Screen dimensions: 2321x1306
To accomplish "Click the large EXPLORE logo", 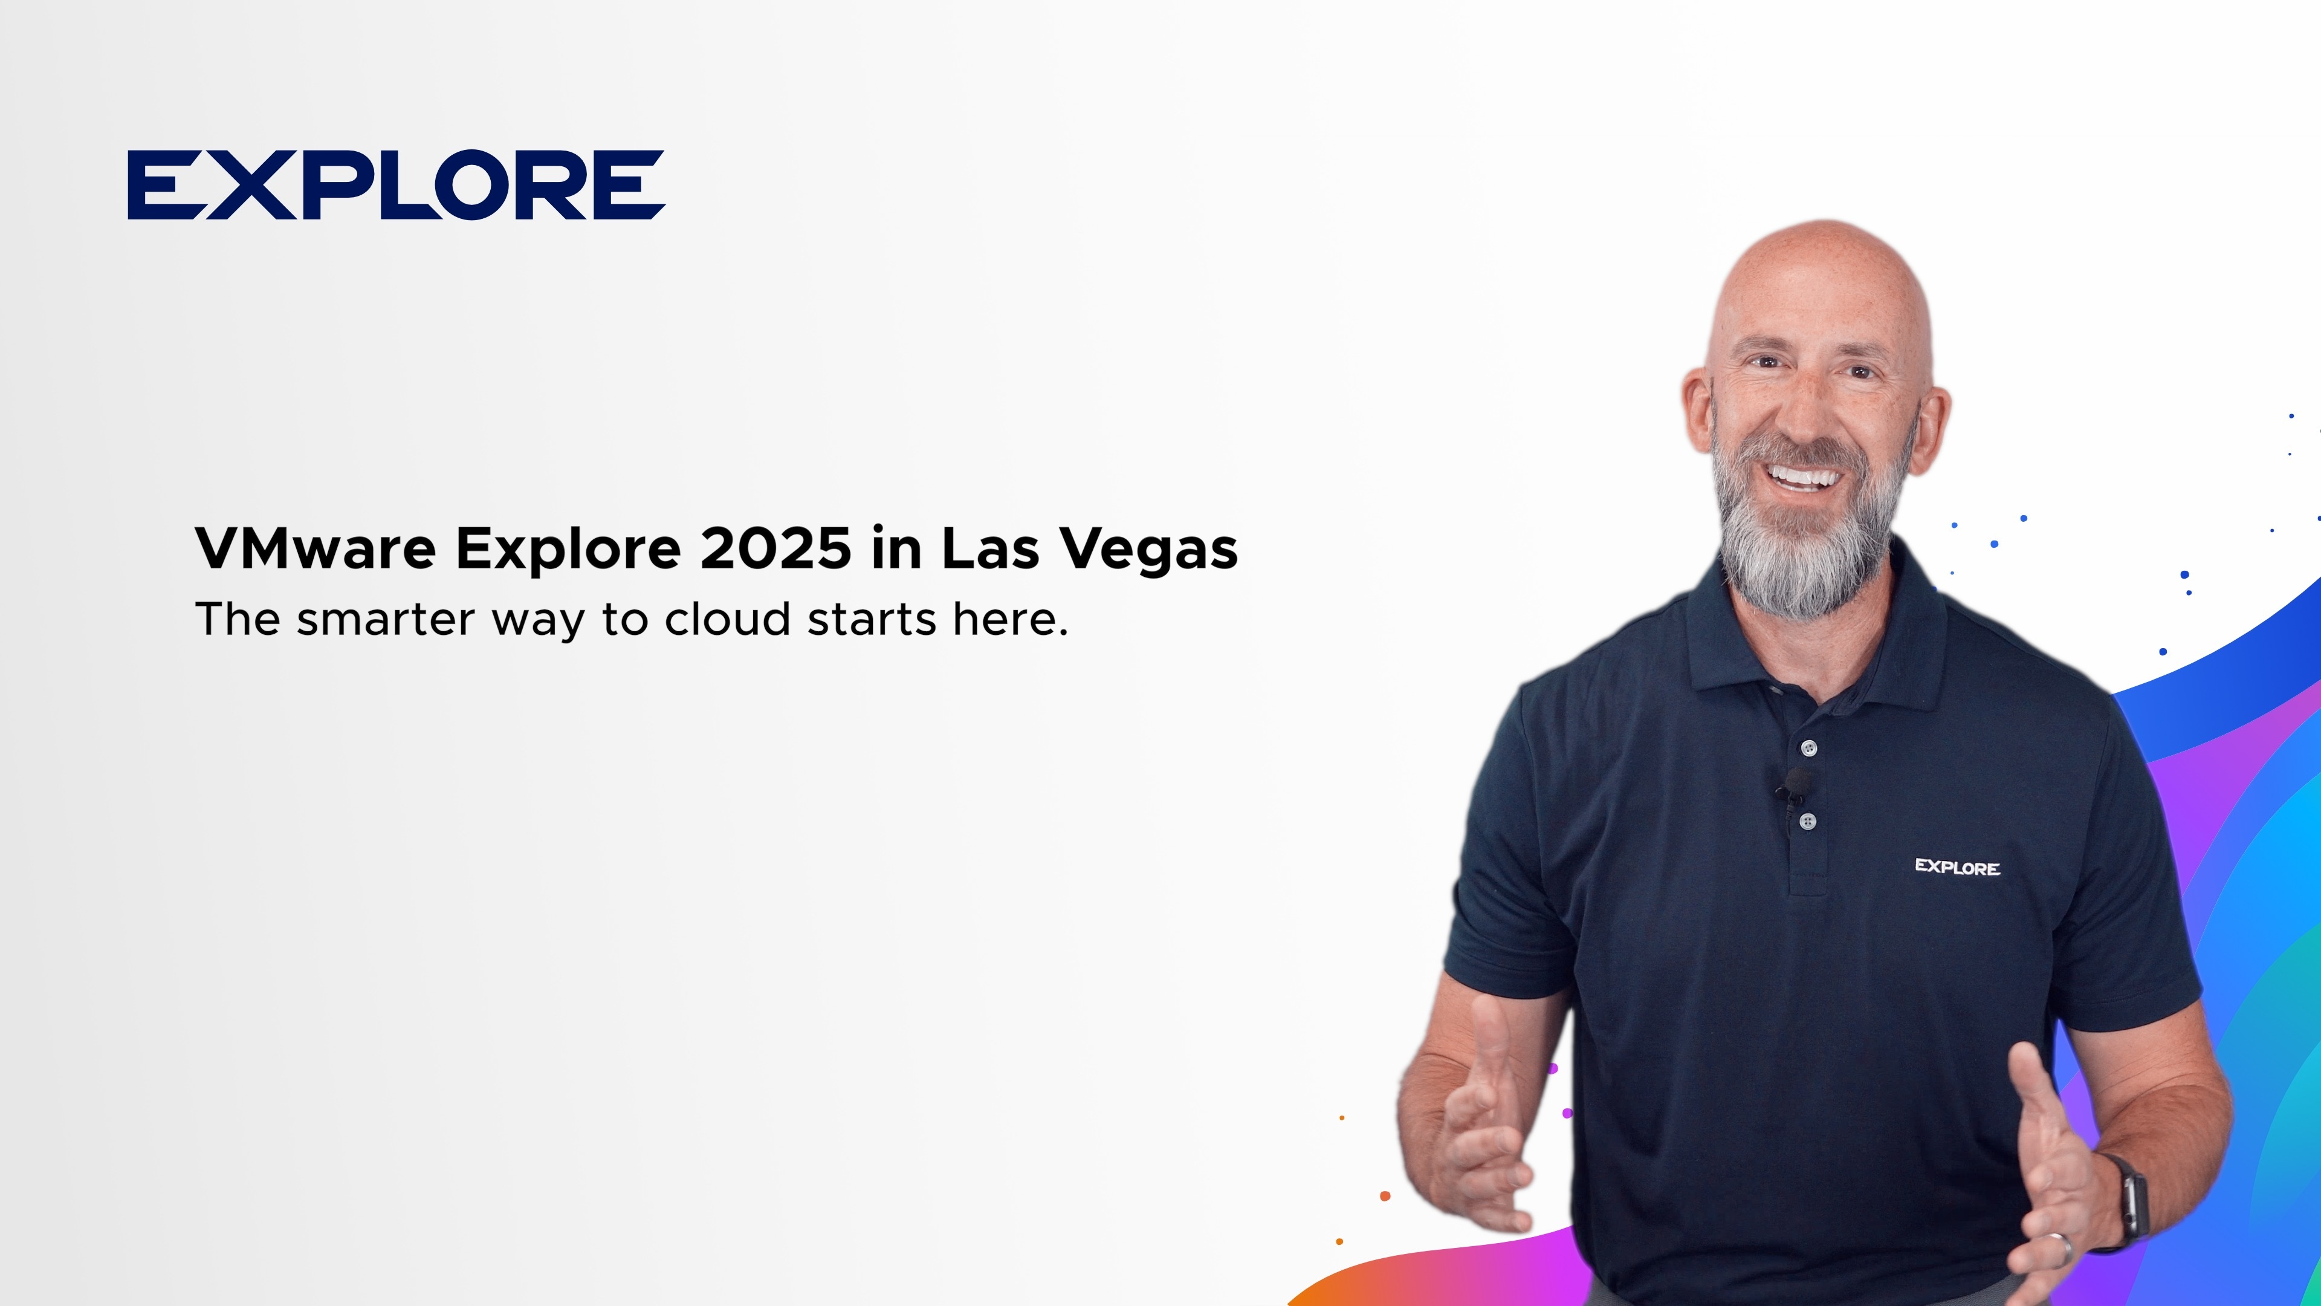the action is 397,185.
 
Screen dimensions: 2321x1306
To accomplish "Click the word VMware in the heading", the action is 316,548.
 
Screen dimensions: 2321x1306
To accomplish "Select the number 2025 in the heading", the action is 775,548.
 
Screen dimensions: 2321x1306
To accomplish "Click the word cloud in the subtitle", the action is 727,619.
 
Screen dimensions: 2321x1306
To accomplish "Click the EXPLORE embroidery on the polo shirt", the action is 1957,867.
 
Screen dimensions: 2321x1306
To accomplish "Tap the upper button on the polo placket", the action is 1808,747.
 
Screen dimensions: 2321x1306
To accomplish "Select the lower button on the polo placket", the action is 1807,821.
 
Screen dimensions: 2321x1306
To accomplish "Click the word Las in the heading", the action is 990,548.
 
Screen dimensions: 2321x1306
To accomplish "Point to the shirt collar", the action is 1816,631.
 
